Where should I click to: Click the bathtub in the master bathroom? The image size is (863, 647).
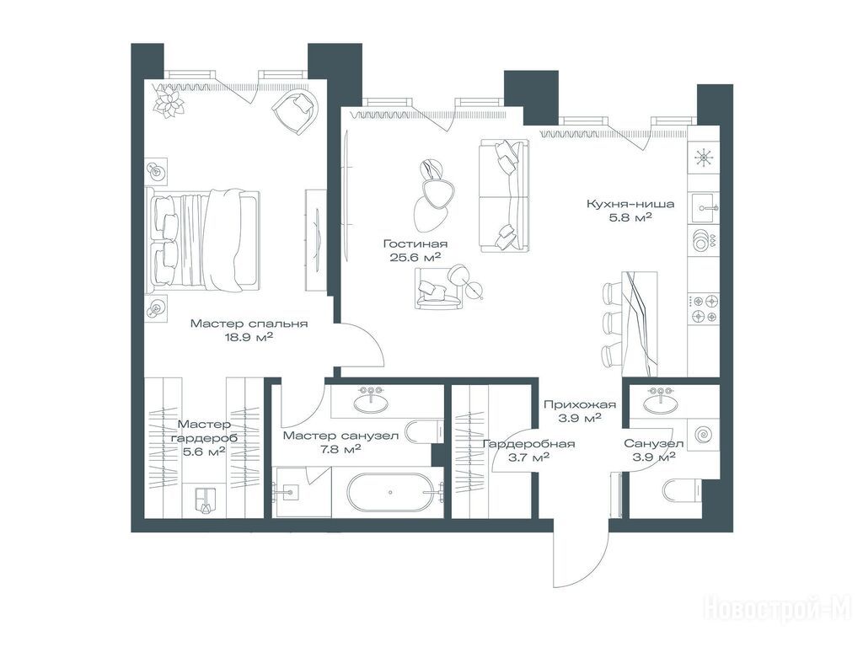[395, 492]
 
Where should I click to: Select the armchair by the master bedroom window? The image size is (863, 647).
[297, 110]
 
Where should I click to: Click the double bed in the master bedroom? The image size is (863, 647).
[203, 240]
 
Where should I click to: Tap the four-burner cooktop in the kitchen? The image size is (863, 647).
[705, 309]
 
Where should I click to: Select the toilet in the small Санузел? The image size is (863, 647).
[681, 490]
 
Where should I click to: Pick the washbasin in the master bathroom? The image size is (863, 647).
[371, 400]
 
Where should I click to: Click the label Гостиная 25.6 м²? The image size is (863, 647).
[415, 249]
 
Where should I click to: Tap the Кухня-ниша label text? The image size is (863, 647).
[630, 204]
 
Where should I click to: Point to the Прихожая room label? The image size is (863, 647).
[580, 405]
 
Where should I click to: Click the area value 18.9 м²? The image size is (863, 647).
[249, 337]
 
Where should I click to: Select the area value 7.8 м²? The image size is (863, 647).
[340, 450]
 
